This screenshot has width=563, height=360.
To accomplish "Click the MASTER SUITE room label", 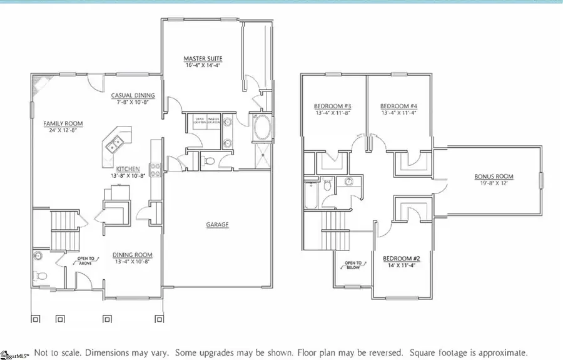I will point(203,59).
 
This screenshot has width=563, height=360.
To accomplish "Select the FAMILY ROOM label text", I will point(63,123).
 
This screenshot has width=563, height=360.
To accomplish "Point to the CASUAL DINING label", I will point(133,96).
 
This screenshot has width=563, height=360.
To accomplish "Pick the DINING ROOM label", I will point(132,255).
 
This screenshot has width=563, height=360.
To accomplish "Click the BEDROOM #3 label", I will point(332,106).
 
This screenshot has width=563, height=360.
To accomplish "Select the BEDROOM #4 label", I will point(398,106).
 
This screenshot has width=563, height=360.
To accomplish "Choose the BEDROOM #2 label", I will point(401,259).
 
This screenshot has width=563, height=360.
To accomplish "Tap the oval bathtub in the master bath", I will point(262,130).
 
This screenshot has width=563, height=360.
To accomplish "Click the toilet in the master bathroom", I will point(210,162).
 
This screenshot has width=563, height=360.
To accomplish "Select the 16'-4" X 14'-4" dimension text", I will point(203,66).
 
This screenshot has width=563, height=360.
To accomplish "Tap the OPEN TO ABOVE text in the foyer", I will point(86,260).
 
